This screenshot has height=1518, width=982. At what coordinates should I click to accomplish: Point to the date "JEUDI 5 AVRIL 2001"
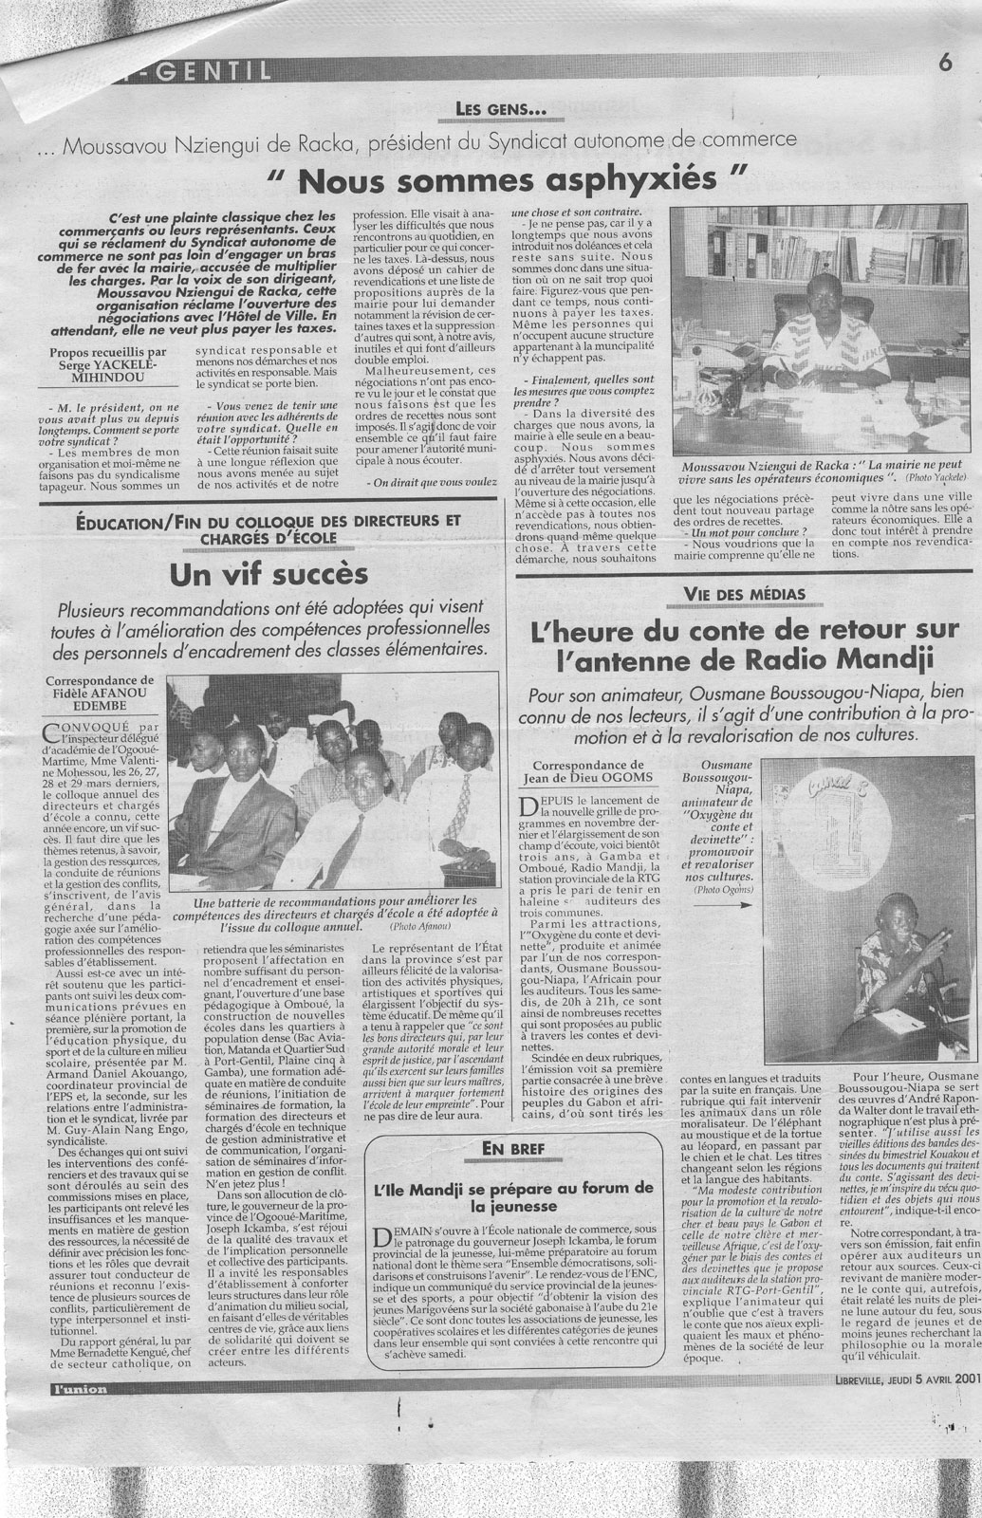click(x=923, y=1380)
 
